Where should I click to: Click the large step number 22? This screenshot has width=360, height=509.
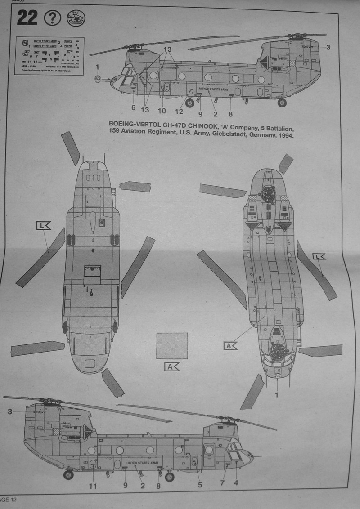pyautogui.click(x=27, y=18)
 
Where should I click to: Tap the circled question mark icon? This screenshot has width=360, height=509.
pyautogui.click(x=53, y=18)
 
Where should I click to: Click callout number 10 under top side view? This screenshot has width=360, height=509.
pyautogui.click(x=162, y=110)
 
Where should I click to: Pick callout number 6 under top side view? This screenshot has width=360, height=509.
pyautogui.click(x=133, y=107)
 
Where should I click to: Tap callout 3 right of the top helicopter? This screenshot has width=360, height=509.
pyautogui.click(x=328, y=47)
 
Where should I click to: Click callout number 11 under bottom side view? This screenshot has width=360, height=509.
pyautogui.click(x=93, y=485)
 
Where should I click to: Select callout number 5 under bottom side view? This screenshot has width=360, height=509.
pyautogui.click(x=200, y=485)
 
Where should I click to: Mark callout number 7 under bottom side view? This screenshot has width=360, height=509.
pyautogui.click(x=222, y=483)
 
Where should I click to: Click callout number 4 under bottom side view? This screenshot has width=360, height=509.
pyautogui.click(x=236, y=483)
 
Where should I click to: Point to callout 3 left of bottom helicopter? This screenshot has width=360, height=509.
pyautogui.click(x=9, y=411)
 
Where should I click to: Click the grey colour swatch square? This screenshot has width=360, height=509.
pyautogui.click(x=172, y=346)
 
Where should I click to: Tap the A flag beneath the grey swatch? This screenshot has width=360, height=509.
pyautogui.click(x=172, y=366)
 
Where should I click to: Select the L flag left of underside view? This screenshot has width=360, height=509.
pyautogui.click(x=43, y=226)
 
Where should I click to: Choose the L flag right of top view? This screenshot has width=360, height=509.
pyautogui.click(x=319, y=257)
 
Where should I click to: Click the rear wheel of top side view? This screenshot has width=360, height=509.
pyautogui.click(x=282, y=103)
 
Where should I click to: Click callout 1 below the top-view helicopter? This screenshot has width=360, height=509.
pyautogui.click(x=277, y=395)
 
